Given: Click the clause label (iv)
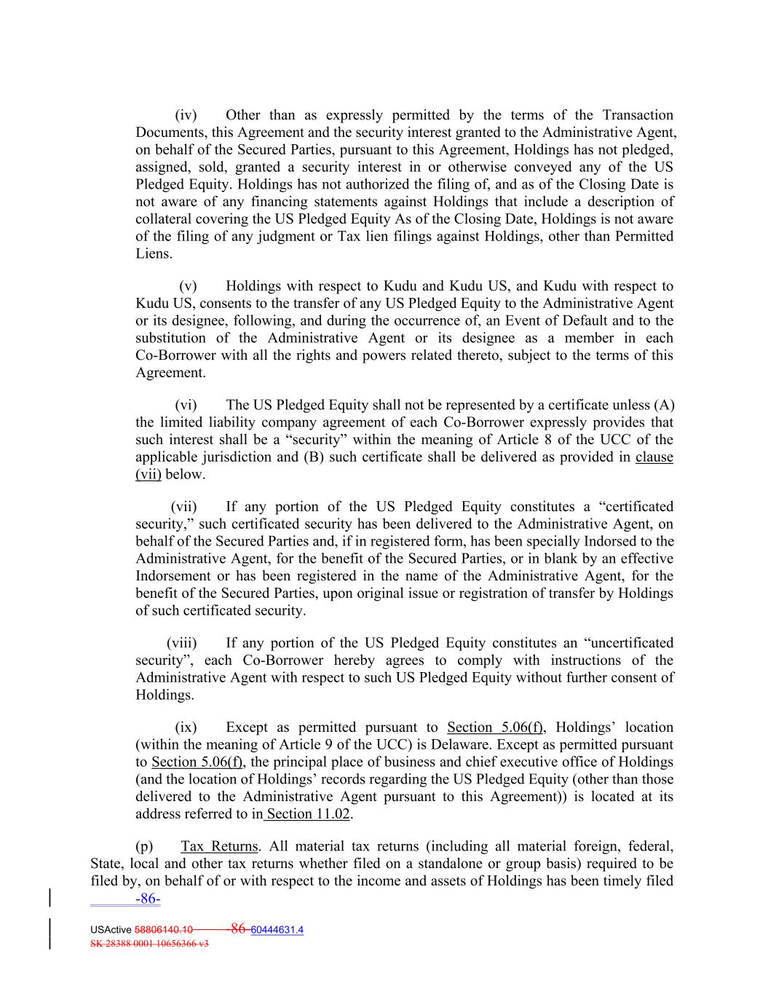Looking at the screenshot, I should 186,115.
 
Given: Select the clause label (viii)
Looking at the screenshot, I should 182,643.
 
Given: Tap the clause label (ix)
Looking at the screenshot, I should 186,727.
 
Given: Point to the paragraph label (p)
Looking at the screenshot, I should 144,846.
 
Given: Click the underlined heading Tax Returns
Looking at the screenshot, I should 219,846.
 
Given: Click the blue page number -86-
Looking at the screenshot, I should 148,899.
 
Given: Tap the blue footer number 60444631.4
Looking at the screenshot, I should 277,930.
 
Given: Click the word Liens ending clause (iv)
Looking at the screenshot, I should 154,254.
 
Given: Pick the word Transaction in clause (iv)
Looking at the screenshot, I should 638,115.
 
